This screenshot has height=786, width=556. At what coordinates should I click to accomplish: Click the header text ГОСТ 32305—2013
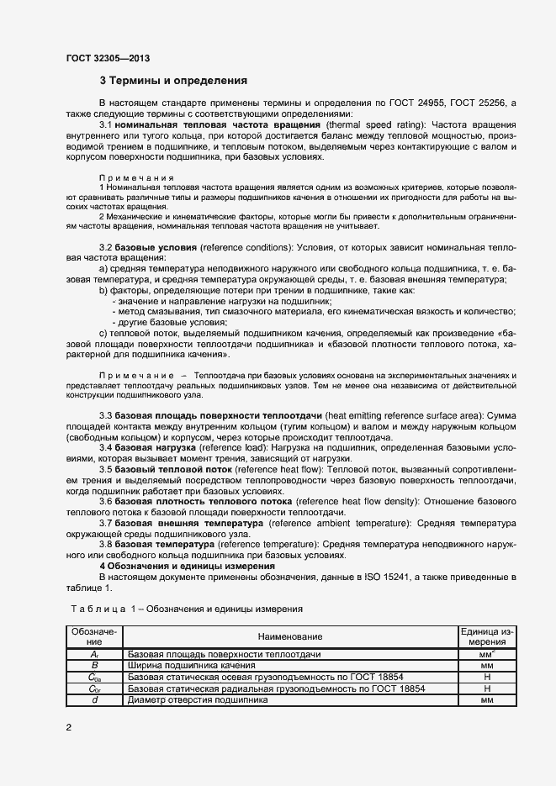[x=109, y=61]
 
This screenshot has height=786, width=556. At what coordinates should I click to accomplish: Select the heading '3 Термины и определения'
[x=172, y=82]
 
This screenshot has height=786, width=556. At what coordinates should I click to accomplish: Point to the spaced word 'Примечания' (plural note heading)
[x=135, y=177]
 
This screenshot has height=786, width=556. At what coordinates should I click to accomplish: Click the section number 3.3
[x=106, y=416]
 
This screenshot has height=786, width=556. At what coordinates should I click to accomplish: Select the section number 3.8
[x=106, y=544]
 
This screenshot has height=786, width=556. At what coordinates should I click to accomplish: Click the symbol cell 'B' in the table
[x=94, y=665]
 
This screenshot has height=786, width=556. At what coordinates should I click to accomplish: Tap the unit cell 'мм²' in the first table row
[x=486, y=653]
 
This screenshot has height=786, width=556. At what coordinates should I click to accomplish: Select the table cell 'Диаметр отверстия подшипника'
[x=198, y=699]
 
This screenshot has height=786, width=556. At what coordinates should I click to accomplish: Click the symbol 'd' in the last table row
[x=94, y=699]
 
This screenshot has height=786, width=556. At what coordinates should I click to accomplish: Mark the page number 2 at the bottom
[x=69, y=727]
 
